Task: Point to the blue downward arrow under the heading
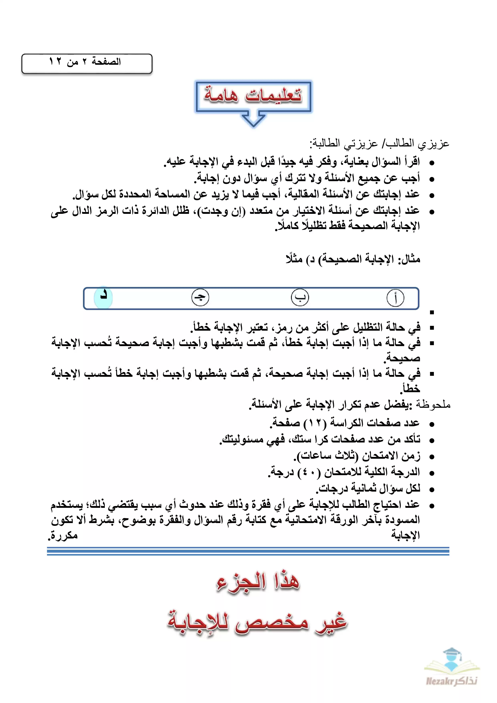tap(253, 120)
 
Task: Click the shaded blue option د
tap(103, 297)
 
